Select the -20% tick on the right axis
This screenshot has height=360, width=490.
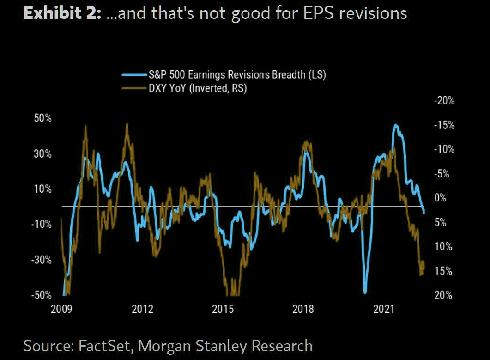pos(444,101)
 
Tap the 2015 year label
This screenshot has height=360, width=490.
pos(223,309)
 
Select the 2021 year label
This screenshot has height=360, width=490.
pos(384,309)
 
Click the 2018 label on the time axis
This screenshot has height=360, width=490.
pos(303,309)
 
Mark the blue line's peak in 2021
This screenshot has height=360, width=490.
pos(396,125)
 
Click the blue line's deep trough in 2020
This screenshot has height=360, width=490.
pos(365,292)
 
